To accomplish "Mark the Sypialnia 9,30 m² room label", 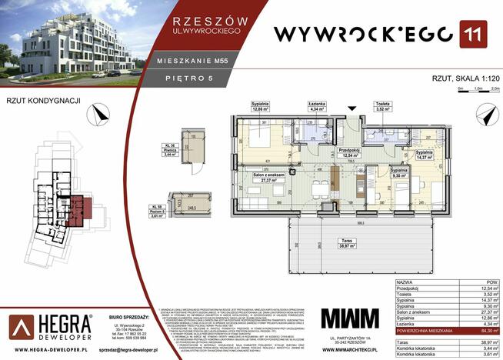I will coord(398,173).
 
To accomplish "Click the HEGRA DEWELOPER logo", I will coord(50,325).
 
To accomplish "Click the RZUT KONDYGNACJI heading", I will coord(34,99).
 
